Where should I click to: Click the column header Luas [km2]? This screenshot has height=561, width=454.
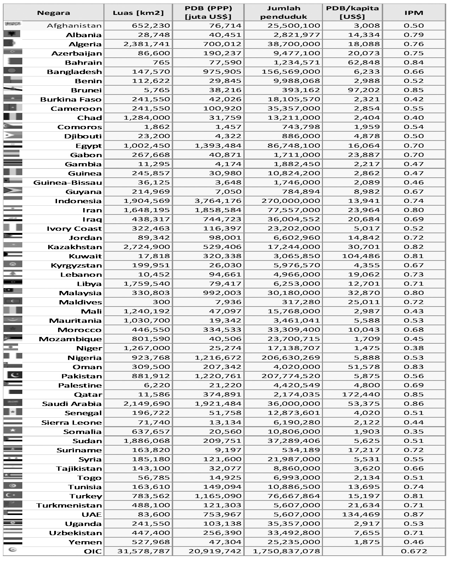click(x=138, y=13)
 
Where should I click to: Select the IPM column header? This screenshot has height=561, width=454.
click(x=414, y=13)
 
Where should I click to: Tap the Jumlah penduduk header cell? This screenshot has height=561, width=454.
click(x=283, y=13)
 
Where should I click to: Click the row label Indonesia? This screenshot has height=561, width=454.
click(x=78, y=201)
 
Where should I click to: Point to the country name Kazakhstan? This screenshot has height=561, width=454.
click(x=75, y=247)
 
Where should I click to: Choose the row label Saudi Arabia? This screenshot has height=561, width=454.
click(x=72, y=404)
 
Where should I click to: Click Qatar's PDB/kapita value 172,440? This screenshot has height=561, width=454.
click(x=361, y=395)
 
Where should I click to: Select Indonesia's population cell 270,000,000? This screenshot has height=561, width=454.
click(x=291, y=201)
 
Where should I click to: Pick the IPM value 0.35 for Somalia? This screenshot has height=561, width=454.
click(x=414, y=431)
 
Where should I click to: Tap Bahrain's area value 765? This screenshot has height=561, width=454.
click(x=161, y=63)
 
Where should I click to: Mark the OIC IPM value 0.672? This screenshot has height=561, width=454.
click(x=414, y=551)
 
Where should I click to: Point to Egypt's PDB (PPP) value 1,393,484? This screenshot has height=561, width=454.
click(x=218, y=145)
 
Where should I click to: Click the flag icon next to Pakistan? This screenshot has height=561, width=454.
click(x=13, y=375)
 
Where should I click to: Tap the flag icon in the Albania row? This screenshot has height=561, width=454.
click(x=12, y=34)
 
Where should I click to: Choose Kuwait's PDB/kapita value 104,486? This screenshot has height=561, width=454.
click(x=361, y=256)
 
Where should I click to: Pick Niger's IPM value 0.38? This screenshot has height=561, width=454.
click(x=414, y=348)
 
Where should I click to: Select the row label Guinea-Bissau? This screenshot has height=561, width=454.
click(x=68, y=183)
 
